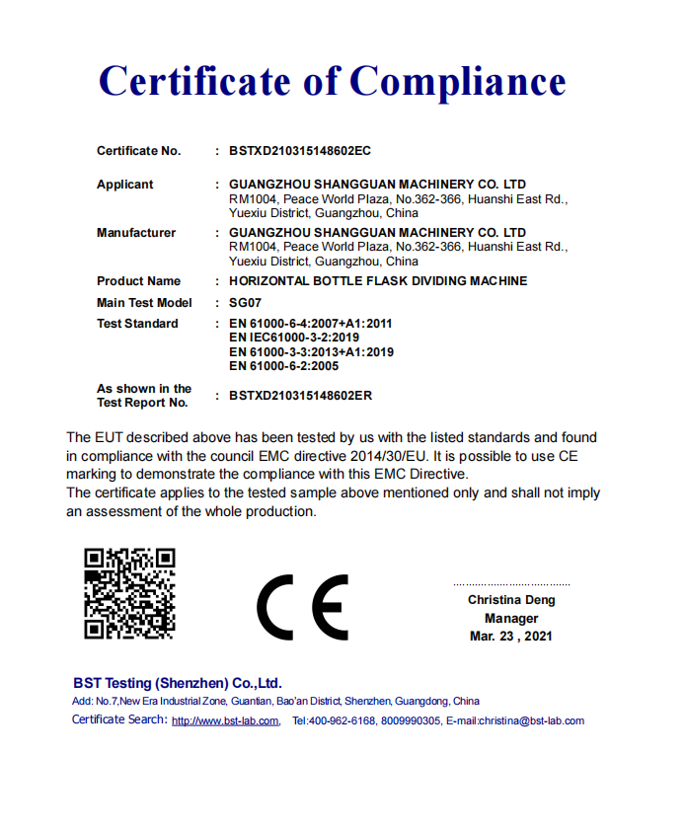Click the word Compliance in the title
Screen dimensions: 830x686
coord(458,81)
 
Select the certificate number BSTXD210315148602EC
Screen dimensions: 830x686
coord(299,151)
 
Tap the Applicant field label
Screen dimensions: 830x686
coord(125,185)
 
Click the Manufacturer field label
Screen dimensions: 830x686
coord(136,233)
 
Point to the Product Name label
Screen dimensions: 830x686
coord(138,281)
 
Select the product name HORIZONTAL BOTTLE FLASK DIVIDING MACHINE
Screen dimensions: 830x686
coord(378,281)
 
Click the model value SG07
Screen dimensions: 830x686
coord(245,303)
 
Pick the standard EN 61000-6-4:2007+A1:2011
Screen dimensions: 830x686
coord(311,324)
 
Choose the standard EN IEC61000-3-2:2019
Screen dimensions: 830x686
coord(294,338)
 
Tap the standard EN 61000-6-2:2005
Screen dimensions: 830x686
coord(283,365)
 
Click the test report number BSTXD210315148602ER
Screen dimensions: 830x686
coord(300,396)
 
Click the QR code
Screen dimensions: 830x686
coord(129,593)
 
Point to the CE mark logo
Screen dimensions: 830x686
coord(302,606)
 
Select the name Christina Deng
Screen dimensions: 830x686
coord(511,600)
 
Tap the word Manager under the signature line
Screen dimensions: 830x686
coord(511,619)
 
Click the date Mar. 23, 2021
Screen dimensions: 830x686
coord(511,637)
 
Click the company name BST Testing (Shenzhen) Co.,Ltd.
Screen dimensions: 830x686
coord(178,683)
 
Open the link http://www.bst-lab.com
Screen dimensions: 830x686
coord(225,721)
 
